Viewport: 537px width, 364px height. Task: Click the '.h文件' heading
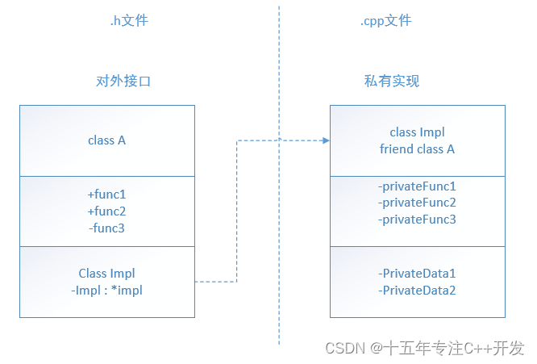(x=129, y=20)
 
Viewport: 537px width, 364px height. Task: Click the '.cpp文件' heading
(x=385, y=20)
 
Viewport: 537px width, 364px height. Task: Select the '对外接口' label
(x=123, y=82)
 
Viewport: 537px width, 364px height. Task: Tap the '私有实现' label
(x=392, y=82)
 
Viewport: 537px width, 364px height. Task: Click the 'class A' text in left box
(x=107, y=140)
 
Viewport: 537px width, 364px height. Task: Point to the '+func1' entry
(x=107, y=195)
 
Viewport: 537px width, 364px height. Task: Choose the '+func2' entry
(x=107, y=211)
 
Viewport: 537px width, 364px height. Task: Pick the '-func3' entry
(x=107, y=228)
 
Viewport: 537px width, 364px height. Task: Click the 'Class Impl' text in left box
(x=107, y=274)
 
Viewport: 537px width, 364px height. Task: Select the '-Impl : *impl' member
(x=107, y=291)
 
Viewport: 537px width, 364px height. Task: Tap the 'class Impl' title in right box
(x=417, y=132)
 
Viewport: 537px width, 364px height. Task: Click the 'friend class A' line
(x=417, y=149)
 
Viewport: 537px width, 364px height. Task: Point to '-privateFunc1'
(x=417, y=186)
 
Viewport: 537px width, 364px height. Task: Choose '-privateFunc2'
(x=417, y=203)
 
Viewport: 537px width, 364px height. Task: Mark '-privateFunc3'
(x=417, y=220)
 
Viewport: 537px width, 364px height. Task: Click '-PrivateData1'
(x=417, y=274)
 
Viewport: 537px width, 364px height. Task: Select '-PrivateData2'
(x=417, y=291)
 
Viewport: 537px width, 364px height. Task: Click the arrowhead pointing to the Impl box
(x=326, y=140)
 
